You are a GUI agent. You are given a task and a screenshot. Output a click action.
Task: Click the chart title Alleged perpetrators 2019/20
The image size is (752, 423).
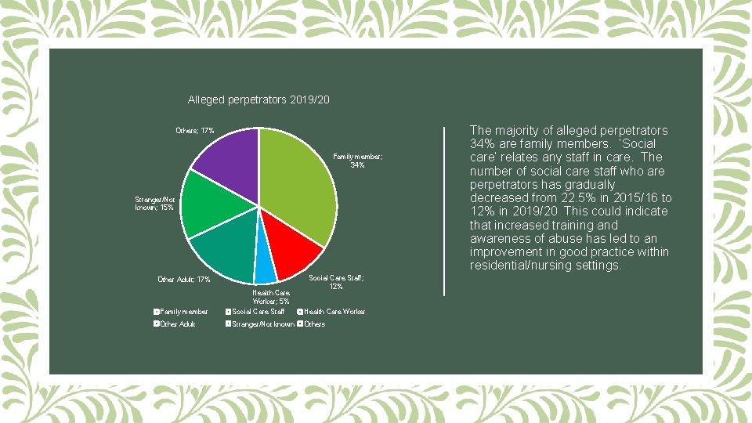(258, 100)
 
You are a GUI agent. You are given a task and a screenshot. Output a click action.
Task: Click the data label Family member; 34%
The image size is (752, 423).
(357, 161)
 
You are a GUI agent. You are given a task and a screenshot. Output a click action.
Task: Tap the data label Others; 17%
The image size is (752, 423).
(195, 130)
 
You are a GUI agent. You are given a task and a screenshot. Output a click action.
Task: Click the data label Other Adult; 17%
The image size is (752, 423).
(184, 279)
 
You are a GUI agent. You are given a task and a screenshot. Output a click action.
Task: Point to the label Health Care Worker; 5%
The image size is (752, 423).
(271, 296)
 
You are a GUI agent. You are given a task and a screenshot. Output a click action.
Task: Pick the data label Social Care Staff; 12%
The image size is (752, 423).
(336, 282)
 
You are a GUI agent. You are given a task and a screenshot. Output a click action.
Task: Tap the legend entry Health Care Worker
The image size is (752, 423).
(334, 312)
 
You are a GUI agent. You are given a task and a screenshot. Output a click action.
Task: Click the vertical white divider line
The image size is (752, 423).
(445, 211)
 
